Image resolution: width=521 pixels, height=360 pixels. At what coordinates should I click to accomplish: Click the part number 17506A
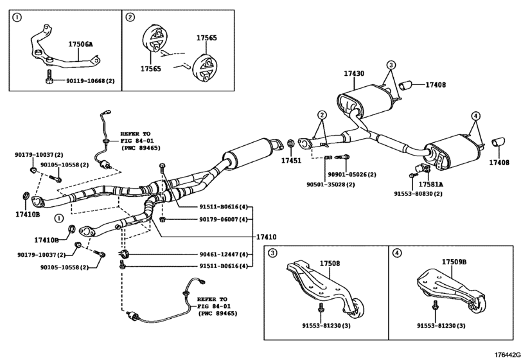[x=81, y=45]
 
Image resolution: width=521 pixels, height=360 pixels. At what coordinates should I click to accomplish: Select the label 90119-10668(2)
[x=91, y=81]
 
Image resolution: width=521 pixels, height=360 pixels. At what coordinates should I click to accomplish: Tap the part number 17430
[x=354, y=74]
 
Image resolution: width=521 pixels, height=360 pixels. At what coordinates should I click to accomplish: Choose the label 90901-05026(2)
[x=351, y=174]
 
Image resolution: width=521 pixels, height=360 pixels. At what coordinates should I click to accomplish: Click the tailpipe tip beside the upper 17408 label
[x=404, y=85]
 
